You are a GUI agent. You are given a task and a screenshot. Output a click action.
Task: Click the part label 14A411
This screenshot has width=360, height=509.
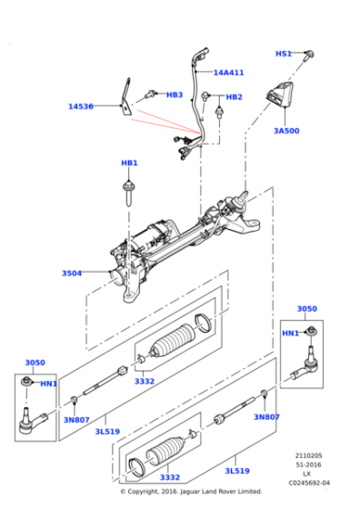pos(228,73)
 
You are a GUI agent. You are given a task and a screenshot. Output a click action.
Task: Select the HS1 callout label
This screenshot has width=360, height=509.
pos(284,54)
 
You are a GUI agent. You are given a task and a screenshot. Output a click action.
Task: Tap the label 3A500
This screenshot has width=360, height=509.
pos(286,131)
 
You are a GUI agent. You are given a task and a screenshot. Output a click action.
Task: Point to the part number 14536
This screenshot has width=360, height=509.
pos(81,106)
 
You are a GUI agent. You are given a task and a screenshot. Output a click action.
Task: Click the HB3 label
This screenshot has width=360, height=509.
pos(175,95)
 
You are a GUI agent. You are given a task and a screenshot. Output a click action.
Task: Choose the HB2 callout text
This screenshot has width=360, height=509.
pos(234,97)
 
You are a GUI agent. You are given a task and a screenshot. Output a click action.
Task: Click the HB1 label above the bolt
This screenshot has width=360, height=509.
pos(129,163)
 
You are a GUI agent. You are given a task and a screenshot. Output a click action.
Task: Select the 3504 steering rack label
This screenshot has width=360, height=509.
pos(72,274)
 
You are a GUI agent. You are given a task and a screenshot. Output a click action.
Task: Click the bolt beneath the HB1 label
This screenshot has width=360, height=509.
pos(128,195)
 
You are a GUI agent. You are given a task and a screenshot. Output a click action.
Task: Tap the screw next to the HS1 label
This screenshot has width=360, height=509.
pos(309,55)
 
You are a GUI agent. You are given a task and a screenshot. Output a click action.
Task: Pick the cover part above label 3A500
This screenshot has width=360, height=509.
pos(279,95)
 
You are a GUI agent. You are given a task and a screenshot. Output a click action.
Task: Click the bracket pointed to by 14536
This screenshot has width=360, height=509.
pos(126,96)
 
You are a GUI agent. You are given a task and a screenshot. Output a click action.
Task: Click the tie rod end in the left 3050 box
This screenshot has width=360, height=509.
pos(33,420)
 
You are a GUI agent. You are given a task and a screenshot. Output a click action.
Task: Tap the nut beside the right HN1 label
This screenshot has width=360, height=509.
pos(313,331)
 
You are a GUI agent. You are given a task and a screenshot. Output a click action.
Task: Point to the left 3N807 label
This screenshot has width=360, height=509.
pos(76,420)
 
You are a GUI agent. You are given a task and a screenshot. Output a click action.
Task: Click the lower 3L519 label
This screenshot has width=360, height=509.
pos(237,471)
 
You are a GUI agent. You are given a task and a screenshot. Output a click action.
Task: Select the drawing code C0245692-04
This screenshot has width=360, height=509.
pos(309,483)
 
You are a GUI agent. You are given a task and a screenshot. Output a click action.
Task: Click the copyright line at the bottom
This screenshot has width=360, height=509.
pos(191,492)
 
